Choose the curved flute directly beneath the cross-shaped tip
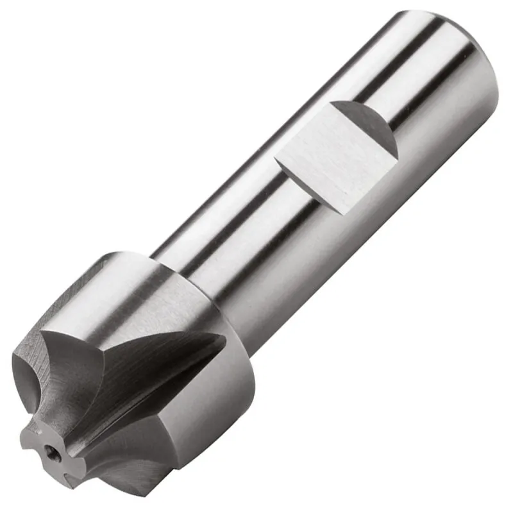tap(90, 475)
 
